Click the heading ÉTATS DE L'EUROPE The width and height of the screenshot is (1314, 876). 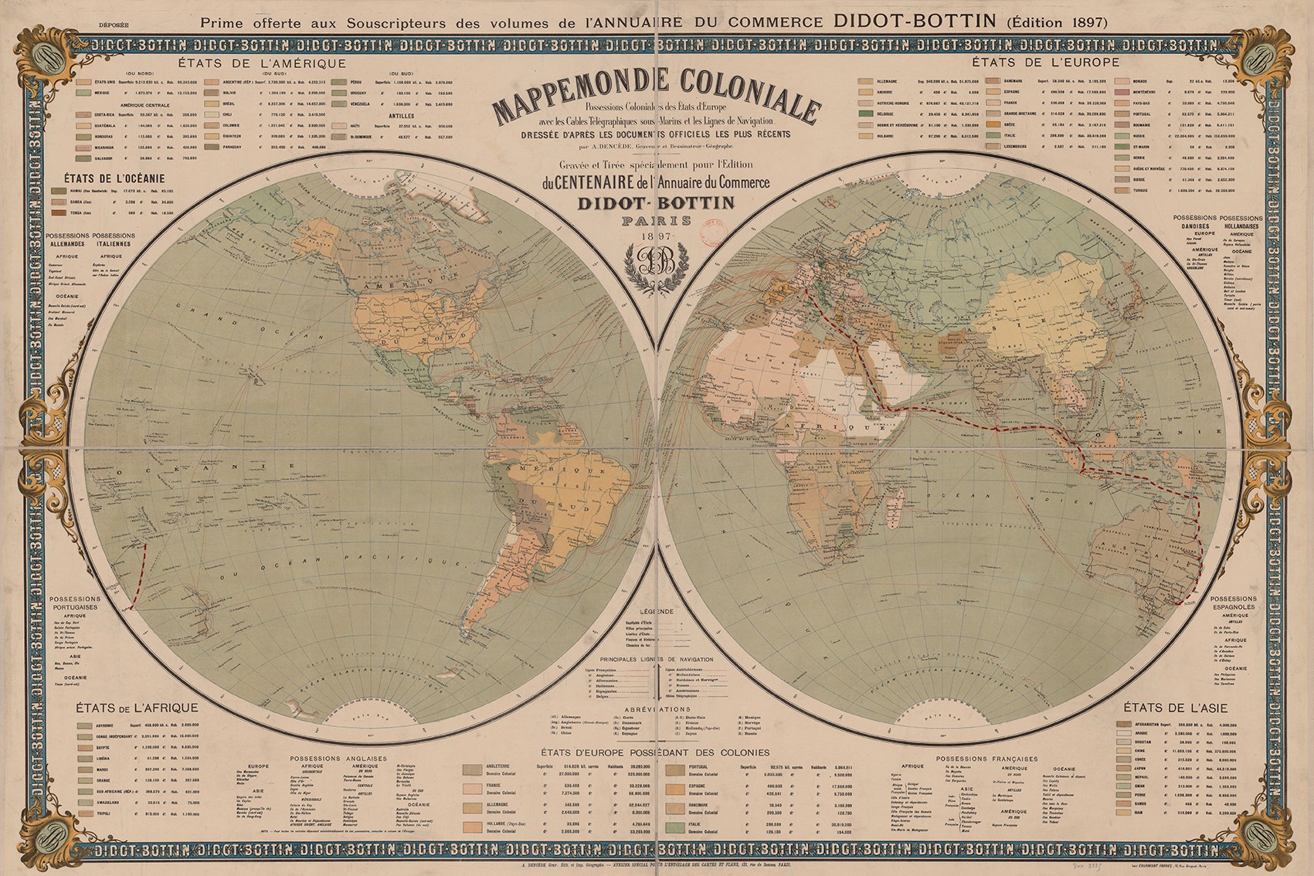1046,62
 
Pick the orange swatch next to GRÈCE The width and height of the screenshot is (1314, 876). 995,124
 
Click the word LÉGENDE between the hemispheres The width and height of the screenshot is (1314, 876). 656,611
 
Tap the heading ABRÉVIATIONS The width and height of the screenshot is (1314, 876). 657,708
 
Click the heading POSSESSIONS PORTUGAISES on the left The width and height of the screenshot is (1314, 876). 75,603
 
